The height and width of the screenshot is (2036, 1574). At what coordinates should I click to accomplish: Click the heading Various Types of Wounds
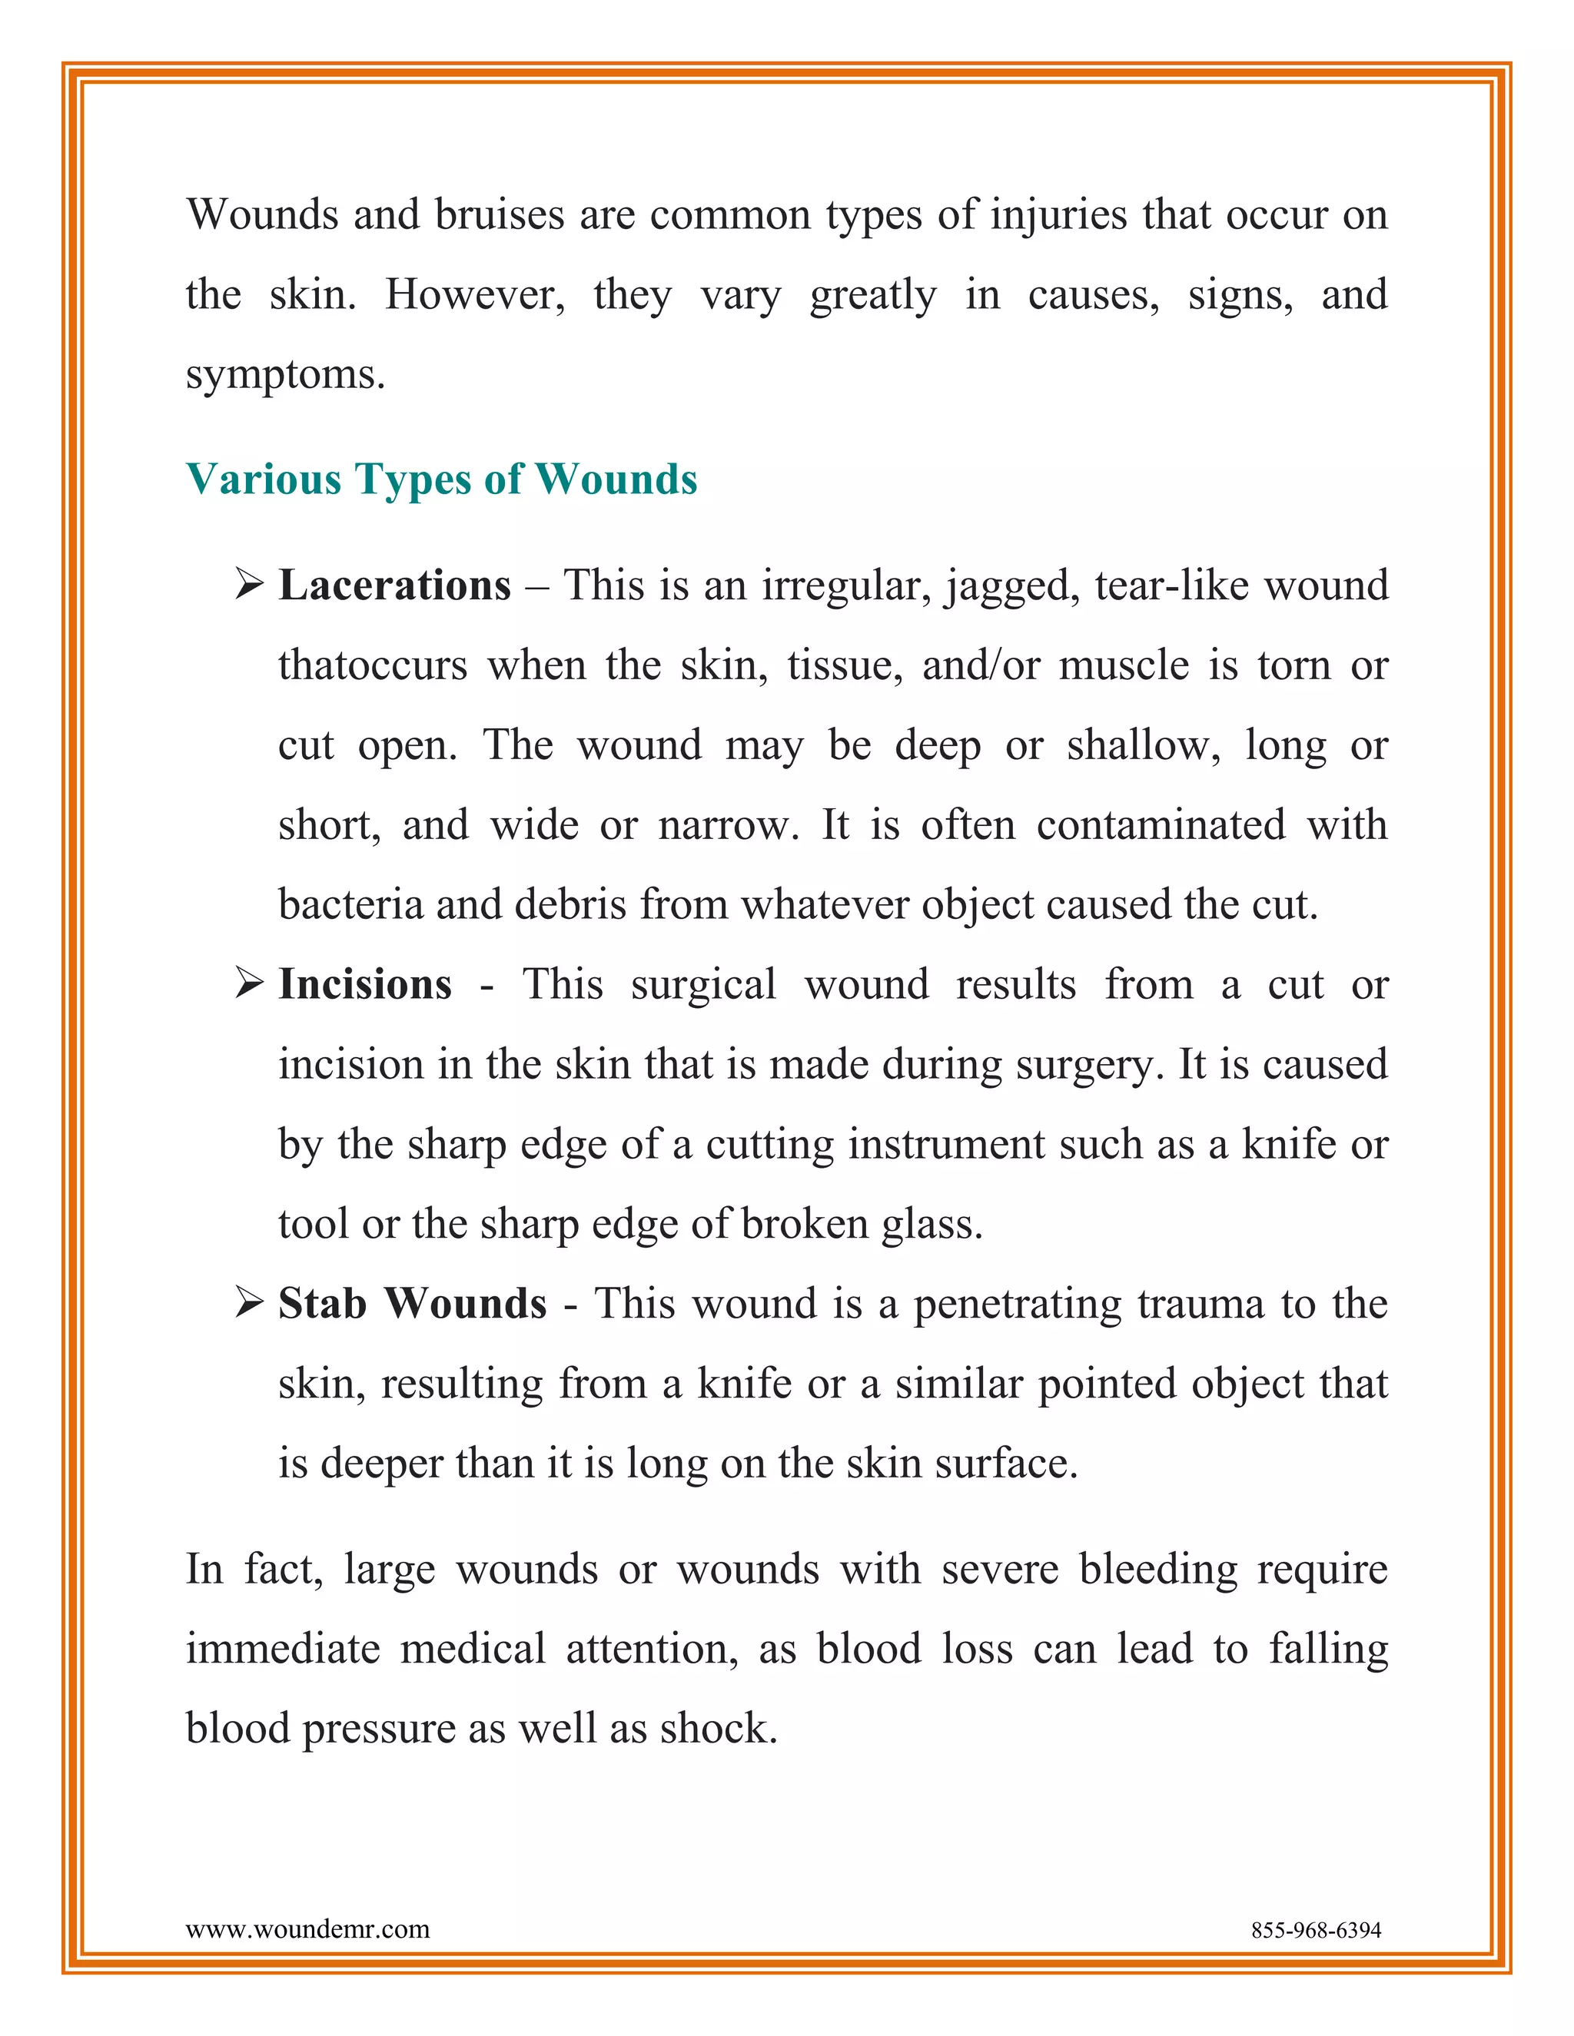pos(441,479)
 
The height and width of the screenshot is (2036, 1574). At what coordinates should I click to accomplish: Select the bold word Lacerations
pos(394,585)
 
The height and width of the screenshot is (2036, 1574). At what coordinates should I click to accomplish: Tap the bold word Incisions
pos(364,984)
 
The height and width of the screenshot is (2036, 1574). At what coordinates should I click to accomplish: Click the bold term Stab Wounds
pos(412,1303)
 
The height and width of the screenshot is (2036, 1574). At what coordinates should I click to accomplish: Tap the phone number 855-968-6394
pos(1316,1930)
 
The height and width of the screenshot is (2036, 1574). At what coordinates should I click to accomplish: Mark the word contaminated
pos(1161,825)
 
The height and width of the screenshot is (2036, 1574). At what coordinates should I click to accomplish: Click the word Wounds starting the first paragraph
pos(262,214)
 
